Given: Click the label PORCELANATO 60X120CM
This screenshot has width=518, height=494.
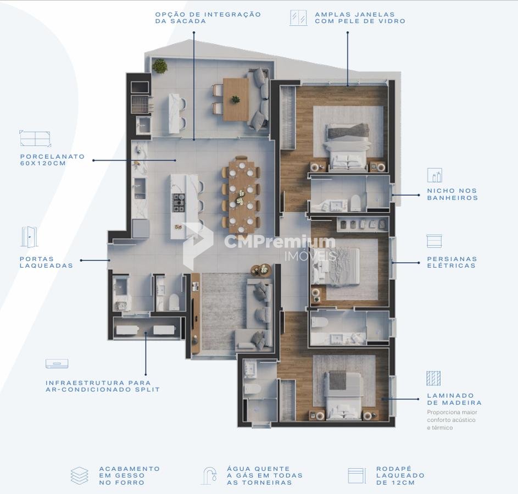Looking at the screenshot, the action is (x=53, y=160).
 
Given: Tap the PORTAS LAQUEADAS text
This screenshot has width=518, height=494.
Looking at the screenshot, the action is (x=46, y=262).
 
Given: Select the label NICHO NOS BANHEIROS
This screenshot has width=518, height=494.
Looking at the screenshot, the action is (x=453, y=195).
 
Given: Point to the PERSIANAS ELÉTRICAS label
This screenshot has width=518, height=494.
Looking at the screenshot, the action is (x=452, y=262).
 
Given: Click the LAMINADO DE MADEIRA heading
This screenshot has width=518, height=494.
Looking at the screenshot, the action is (x=454, y=399).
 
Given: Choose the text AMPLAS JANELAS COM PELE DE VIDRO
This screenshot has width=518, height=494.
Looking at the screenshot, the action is (x=360, y=18).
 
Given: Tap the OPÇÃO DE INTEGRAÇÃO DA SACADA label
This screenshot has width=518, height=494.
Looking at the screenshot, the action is (x=208, y=18).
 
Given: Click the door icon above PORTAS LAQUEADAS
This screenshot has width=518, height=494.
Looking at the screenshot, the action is (x=29, y=237).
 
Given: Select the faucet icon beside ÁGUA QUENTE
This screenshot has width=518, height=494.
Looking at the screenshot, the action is (x=210, y=475).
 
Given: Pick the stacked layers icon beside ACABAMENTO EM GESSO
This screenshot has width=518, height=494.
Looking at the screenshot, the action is (x=79, y=476).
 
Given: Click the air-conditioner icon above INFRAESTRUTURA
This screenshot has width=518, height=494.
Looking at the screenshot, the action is (x=57, y=363).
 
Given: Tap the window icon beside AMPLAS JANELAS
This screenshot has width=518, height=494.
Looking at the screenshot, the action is (x=298, y=18).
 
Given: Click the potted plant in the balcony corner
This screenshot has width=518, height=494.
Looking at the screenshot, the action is (x=160, y=66).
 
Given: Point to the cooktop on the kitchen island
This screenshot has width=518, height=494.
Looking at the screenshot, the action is (x=179, y=203).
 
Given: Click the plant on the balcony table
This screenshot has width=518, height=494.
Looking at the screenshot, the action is (x=236, y=99).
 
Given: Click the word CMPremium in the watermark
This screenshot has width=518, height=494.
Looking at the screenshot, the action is (x=280, y=242).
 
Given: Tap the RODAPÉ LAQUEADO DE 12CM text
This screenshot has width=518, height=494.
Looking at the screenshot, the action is (x=400, y=475).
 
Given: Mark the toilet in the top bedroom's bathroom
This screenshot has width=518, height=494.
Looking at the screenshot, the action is (x=355, y=202).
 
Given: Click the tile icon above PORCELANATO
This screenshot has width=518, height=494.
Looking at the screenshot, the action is (x=35, y=138).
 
